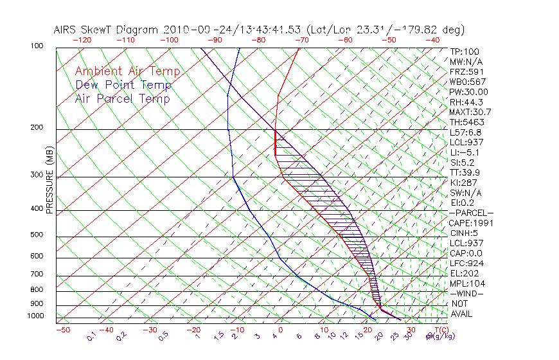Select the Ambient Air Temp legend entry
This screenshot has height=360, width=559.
pyautogui.click(x=127, y=71)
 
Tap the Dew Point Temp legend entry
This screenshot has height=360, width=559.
pyautogui.click(x=123, y=85)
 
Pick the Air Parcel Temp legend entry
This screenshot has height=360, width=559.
pyautogui.click(x=122, y=98)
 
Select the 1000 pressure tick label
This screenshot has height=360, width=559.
pyautogui.click(x=37, y=316)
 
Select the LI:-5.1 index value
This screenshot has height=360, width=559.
pyautogui.click(x=465, y=152)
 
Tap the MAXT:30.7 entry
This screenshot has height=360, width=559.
pyautogui.click(x=470, y=112)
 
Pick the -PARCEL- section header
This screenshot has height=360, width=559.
pyautogui.click(x=472, y=213)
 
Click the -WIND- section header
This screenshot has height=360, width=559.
pyautogui.click(x=467, y=293)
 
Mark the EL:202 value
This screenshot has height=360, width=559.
pyautogui.click(x=465, y=273)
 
